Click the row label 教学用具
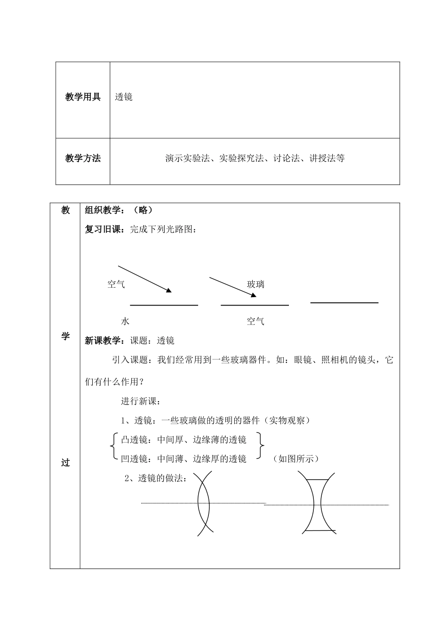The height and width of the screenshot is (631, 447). click(x=83, y=97)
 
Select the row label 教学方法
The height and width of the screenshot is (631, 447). click(x=83, y=158)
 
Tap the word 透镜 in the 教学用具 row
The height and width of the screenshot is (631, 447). click(x=124, y=97)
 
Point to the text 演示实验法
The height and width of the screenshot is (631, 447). click(x=187, y=158)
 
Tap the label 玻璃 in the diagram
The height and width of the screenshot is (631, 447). click(x=255, y=284)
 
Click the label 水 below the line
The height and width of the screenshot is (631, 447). click(x=125, y=322)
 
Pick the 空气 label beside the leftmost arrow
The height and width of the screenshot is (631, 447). click(x=116, y=284)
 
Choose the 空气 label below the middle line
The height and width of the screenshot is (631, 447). click(x=255, y=322)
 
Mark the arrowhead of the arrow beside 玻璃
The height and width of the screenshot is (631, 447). click(x=253, y=295)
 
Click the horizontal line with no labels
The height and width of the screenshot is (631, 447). click(x=344, y=303)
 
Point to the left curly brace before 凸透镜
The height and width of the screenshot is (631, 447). click(x=112, y=446)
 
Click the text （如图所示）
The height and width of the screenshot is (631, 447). click(x=296, y=459)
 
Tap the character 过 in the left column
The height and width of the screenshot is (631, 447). click(x=65, y=463)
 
